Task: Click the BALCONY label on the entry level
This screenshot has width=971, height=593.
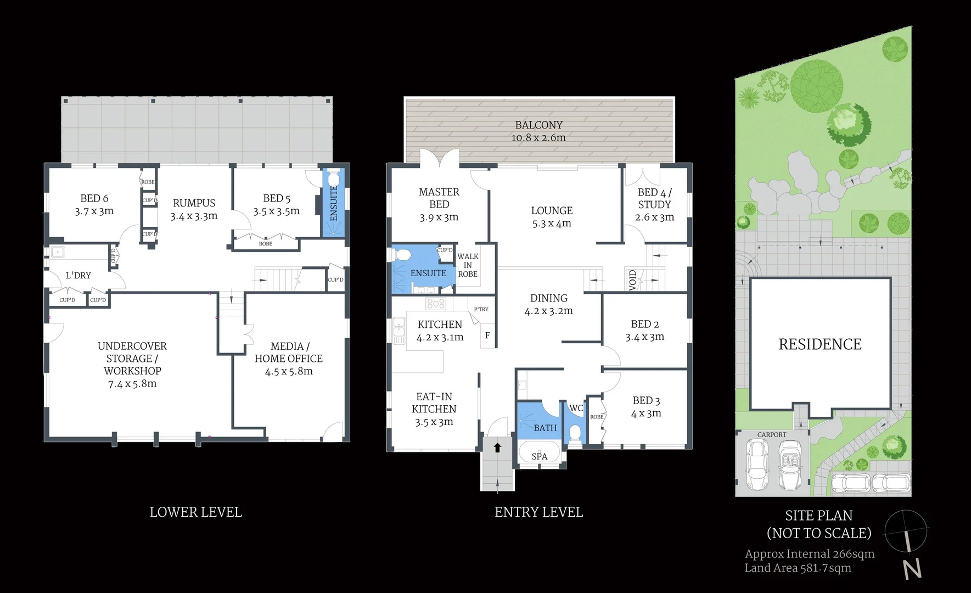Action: pyautogui.click(x=538, y=125)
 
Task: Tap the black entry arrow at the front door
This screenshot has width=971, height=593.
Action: pyautogui.click(x=497, y=447)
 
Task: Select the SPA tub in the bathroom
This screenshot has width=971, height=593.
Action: pyautogui.click(x=539, y=455)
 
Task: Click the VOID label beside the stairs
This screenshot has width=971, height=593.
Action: pyautogui.click(x=632, y=280)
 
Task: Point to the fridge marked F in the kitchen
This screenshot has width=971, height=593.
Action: pyautogui.click(x=487, y=335)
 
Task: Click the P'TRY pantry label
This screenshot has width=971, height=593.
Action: pyautogui.click(x=481, y=309)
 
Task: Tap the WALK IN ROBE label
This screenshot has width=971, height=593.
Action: pyautogui.click(x=468, y=265)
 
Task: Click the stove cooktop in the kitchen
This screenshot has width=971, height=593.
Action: pyautogui.click(x=436, y=303)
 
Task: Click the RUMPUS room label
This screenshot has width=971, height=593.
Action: pyautogui.click(x=194, y=203)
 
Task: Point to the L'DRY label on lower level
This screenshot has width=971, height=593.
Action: pyautogui.click(x=78, y=275)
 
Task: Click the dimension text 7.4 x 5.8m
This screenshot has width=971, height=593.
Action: pyautogui.click(x=132, y=384)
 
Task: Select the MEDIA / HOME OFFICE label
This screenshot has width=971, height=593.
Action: pyautogui.click(x=289, y=353)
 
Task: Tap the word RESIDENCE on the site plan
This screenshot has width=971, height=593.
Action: pyautogui.click(x=820, y=344)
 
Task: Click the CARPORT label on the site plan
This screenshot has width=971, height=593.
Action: pyautogui.click(x=772, y=434)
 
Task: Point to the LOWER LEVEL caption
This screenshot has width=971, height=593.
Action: pyautogui.click(x=195, y=512)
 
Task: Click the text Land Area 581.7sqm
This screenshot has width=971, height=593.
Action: pyautogui.click(x=798, y=568)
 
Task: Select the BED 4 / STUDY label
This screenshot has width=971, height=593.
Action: pyautogui.click(x=654, y=198)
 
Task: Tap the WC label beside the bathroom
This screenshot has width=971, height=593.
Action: pyautogui.click(x=576, y=408)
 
